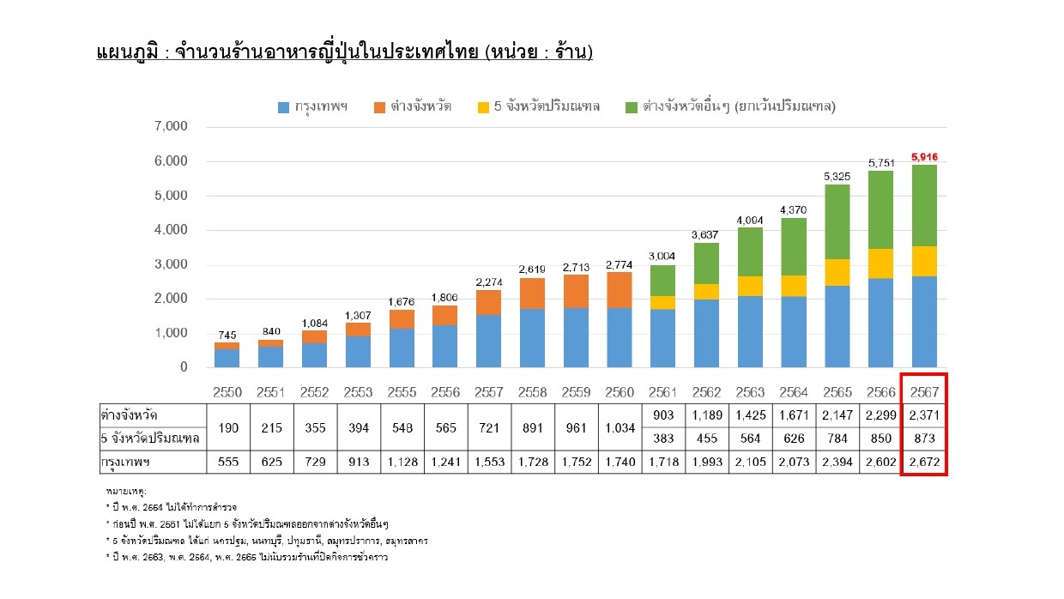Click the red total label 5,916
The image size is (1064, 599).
pyautogui.click(x=924, y=157)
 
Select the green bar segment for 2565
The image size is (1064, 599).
pyautogui.click(x=837, y=221)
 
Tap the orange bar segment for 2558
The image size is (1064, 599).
pyautogui.click(x=532, y=293)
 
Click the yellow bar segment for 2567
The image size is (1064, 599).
pyautogui.click(x=924, y=261)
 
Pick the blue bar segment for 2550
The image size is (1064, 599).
pyautogui.click(x=227, y=358)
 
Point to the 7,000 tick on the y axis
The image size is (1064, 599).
pyautogui.click(x=171, y=126)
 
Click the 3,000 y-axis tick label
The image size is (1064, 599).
pyautogui.click(x=171, y=264)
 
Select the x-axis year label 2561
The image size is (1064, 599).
pyautogui.click(x=662, y=392)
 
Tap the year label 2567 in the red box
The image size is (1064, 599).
pyautogui.click(x=924, y=392)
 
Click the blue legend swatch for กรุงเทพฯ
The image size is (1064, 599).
pyautogui.click(x=283, y=107)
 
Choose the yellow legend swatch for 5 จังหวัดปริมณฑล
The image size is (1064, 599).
pyautogui.click(x=483, y=107)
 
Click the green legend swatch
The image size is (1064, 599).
pyautogui.click(x=632, y=107)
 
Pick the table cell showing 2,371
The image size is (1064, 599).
pyautogui.click(x=924, y=415)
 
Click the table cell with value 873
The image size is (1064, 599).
pyautogui.click(x=924, y=439)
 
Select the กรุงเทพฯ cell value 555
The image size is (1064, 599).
pyautogui.click(x=228, y=462)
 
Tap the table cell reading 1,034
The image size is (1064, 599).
pyautogui.click(x=620, y=428)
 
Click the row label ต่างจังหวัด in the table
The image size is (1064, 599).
pyautogui.click(x=129, y=415)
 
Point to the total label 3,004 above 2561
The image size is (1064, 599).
pyautogui.click(x=662, y=257)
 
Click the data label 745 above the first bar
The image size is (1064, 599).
pyautogui.click(x=227, y=336)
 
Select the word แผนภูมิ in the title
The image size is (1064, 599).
pyautogui.click(x=127, y=51)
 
